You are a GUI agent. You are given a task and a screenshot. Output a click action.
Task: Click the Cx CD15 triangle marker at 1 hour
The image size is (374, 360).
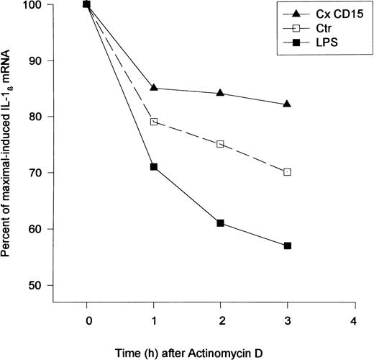click(x=154, y=88)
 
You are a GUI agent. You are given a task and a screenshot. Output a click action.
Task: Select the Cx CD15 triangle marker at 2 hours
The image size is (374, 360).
click(x=220, y=93)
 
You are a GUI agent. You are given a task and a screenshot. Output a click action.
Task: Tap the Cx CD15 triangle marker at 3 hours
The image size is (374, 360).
click(x=287, y=104)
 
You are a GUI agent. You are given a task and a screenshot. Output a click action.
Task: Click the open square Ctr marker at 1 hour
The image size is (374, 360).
click(x=154, y=122)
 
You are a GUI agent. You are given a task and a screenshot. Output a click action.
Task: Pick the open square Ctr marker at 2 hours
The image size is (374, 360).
click(x=220, y=144)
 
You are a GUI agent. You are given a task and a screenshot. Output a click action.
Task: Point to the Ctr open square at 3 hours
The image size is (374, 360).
click(x=287, y=172)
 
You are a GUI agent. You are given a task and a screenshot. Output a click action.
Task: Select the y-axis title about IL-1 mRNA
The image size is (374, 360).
click(x=10, y=144)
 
